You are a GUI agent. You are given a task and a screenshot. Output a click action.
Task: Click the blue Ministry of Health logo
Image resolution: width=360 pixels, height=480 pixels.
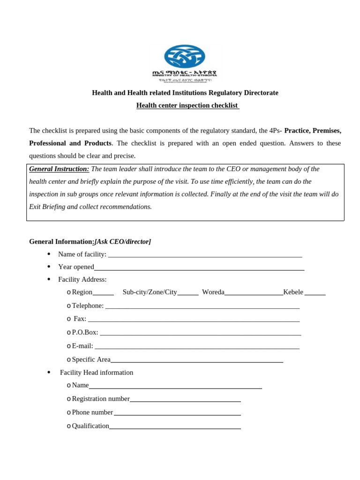point(184,56)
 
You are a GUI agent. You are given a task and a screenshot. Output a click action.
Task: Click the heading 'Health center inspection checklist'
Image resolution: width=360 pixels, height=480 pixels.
point(187,105)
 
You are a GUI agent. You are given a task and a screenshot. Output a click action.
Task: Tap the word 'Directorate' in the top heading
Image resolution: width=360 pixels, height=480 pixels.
point(260,93)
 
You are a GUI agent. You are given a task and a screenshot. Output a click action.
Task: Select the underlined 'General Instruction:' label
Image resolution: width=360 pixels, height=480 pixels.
point(59,169)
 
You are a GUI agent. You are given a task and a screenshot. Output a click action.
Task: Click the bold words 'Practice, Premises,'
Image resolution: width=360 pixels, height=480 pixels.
point(313,130)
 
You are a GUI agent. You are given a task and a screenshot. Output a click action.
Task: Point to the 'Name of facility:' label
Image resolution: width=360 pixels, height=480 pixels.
point(82,255)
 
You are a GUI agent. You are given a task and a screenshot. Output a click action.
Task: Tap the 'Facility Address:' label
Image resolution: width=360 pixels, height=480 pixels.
point(82,280)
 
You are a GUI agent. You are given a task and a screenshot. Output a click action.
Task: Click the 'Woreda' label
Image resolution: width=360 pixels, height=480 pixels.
point(213,292)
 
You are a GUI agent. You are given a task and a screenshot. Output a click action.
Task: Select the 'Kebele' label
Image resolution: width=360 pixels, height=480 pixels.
point(293,292)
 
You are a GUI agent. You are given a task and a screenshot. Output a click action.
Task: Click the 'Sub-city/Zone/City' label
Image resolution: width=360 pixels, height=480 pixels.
point(150,292)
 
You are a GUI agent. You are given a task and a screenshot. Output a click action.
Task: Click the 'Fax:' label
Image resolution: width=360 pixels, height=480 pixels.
point(80,319)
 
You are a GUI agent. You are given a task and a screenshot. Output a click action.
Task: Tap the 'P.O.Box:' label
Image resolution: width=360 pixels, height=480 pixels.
point(85,332)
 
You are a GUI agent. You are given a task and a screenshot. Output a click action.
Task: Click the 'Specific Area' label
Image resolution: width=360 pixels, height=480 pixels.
point(91,360)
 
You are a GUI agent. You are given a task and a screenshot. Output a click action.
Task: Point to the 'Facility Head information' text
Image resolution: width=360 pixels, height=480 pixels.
point(97,373)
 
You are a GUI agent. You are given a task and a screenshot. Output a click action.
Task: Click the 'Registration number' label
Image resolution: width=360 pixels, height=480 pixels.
point(100,399)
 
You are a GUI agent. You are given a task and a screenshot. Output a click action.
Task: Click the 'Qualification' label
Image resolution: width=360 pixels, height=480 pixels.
point(90,426)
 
